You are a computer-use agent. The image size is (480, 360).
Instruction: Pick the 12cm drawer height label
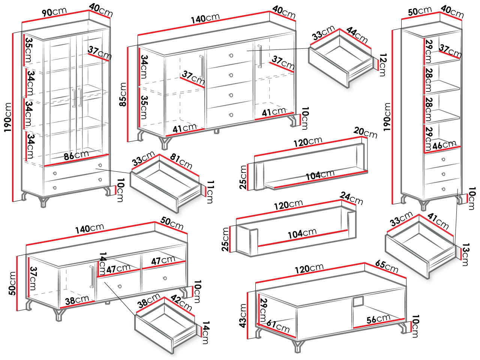(382, 65)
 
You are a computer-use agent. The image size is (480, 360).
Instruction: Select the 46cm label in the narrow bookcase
(444, 145)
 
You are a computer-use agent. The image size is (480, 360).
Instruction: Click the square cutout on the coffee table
(358, 301)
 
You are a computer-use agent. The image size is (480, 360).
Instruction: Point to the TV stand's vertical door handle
(91, 277)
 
